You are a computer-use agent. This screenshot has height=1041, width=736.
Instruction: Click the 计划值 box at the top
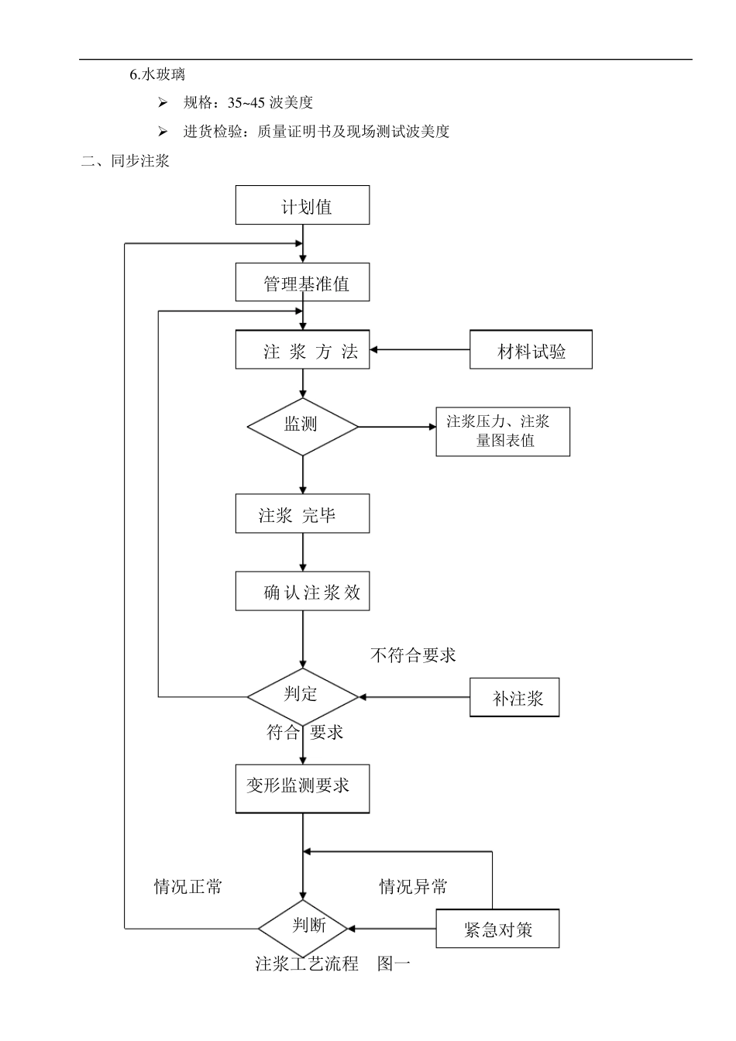pos(302,205)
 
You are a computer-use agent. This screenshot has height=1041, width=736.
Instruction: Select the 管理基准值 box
pos(302,282)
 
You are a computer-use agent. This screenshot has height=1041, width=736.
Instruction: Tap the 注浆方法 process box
pos(302,350)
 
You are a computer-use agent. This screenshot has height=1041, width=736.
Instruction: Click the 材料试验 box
pos(531,350)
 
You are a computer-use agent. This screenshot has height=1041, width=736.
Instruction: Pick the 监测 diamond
pos(302,426)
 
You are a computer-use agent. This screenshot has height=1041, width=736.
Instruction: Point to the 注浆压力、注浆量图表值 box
pos(503,431)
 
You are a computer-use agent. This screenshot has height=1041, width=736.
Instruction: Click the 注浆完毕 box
pos(302,514)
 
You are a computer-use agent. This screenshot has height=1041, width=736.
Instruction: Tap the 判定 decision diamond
pos(302,696)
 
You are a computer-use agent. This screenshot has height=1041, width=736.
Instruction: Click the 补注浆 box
pos(514,697)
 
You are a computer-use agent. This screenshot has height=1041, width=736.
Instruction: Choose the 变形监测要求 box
pos(302,788)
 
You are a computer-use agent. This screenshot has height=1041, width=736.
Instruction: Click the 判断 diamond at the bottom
pos(308,927)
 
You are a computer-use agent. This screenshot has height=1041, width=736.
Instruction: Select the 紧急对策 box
pos(497,928)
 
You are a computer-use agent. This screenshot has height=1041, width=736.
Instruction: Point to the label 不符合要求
pos(413,655)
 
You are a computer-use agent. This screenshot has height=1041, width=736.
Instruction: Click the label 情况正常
pos(187,886)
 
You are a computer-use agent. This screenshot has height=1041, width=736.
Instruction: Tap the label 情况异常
pos(413,886)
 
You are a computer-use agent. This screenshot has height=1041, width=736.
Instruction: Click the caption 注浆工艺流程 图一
pos(332,964)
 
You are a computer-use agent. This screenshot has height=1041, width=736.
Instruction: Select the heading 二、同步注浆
pos(126,161)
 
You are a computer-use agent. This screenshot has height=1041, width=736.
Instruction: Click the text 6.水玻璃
pos(157,74)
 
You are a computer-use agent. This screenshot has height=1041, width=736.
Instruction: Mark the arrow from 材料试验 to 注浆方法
pos(419,350)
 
